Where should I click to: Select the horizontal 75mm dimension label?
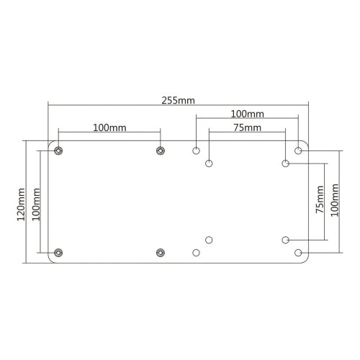(247, 127)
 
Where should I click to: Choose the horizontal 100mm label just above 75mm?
(247, 114)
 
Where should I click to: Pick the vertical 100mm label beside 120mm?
(37, 201)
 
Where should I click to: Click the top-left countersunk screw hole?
(58, 150)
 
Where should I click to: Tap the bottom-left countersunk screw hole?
(58, 252)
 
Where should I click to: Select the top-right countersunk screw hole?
(160, 150)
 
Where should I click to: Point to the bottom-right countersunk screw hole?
(160, 252)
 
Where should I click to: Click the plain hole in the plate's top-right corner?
(298, 150)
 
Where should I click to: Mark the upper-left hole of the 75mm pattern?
(209, 163)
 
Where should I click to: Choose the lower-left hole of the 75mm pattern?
(209, 239)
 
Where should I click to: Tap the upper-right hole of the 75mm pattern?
(285, 163)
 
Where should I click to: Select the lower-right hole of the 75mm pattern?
(285, 239)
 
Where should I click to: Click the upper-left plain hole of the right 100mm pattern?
(196, 150)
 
